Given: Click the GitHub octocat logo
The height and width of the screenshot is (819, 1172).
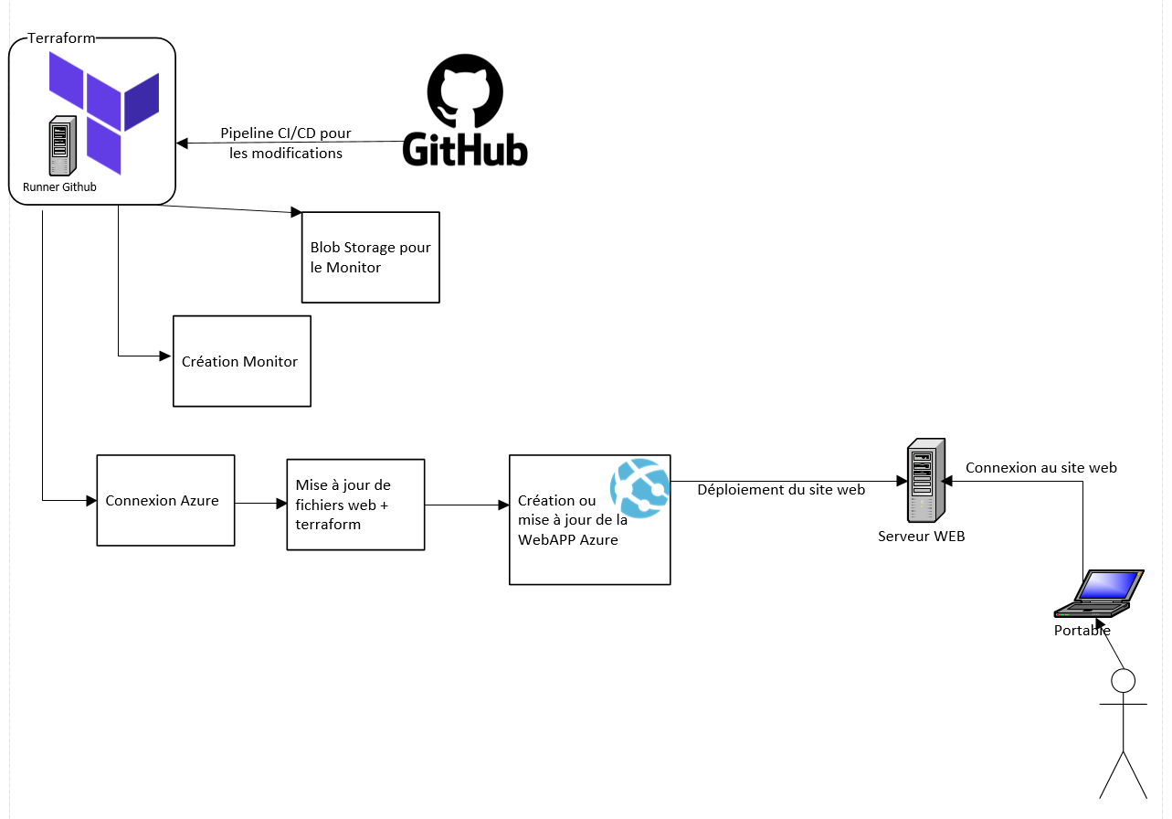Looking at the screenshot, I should point(465,90).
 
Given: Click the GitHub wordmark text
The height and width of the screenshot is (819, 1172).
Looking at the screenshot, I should point(465,149).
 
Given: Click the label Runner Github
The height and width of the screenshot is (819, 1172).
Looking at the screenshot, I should point(59,187).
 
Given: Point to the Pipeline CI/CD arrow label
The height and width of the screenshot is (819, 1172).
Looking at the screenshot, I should point(286,144).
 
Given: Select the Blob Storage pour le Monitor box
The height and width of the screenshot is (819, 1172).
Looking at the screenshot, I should point(370,257).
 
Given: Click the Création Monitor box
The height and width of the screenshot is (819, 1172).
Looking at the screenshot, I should point(241,361).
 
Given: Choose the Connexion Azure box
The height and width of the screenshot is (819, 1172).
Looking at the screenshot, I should point(165,500).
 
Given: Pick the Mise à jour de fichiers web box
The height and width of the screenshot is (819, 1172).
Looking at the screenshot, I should point(355,505).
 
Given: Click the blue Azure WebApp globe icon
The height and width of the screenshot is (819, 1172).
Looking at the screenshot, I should point(640,487).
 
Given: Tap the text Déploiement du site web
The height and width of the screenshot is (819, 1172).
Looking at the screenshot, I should point(781,489).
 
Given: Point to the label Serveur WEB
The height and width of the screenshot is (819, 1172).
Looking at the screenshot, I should point(921,537).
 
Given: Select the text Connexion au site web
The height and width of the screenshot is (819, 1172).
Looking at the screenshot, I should point(1040,467).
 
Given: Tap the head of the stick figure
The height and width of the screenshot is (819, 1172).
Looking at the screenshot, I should point(1122,681).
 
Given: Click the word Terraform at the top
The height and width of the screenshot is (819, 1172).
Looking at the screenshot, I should point(61,37).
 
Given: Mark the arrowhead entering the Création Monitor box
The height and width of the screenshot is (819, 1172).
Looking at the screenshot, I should point(166,356).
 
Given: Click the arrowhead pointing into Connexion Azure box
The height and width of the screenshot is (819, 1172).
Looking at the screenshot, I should point(90,501).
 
